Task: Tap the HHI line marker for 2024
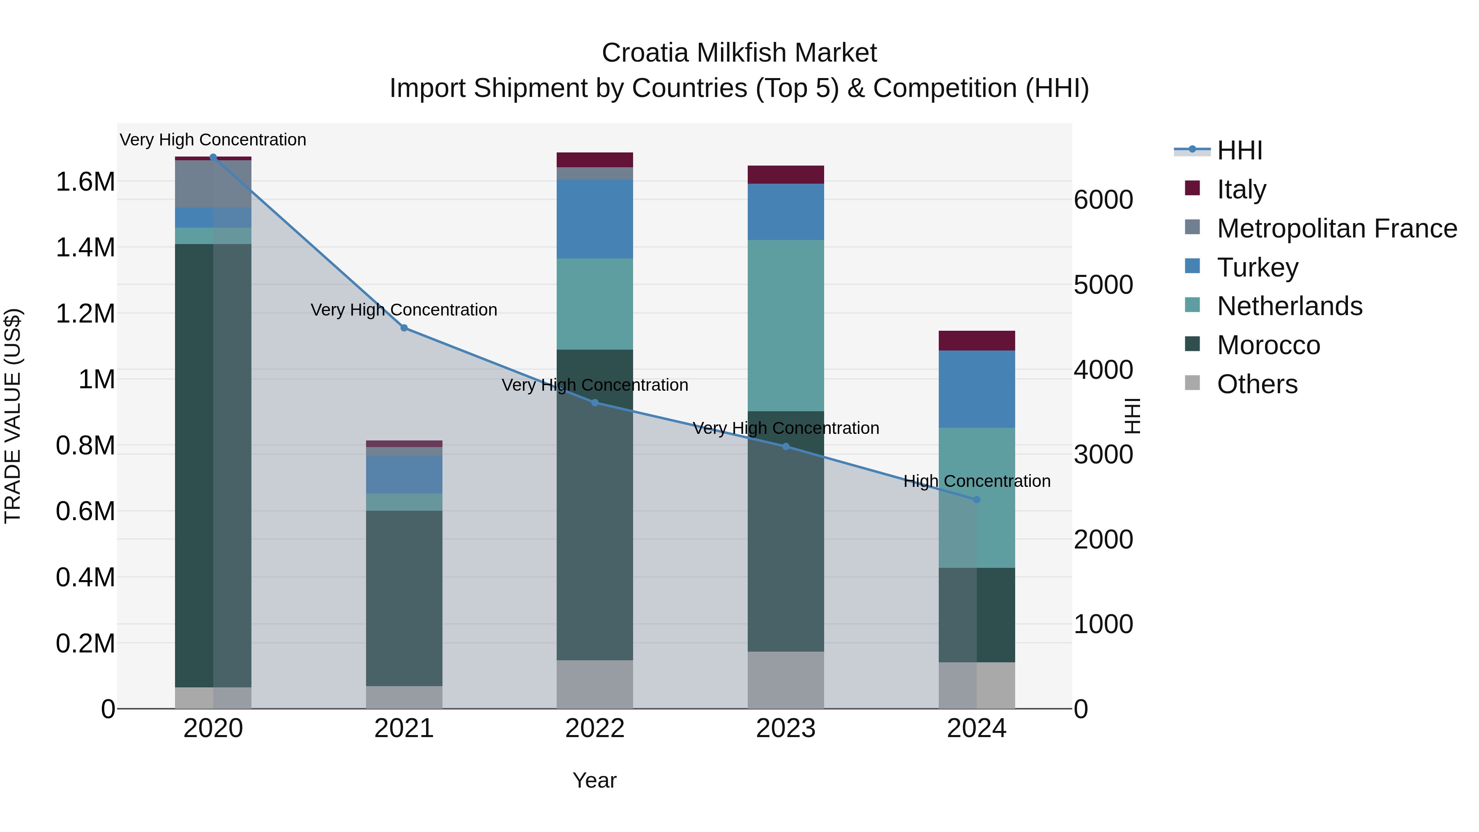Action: [977, 500]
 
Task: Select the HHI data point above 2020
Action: [213, 157]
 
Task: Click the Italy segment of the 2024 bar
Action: [977, 341]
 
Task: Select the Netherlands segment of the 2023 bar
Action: [786, 325]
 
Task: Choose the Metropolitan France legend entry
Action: [1336, 228]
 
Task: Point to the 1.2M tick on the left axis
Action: [85, 313]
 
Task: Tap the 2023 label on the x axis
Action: [786, 728]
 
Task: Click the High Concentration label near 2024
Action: [977, 481]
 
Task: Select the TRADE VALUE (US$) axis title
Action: [13, 416]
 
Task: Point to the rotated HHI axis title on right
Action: [1132, 416]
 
